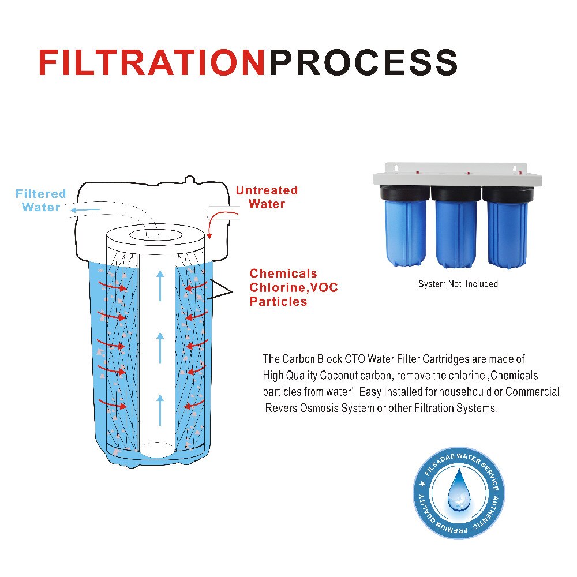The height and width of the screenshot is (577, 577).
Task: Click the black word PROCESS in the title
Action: click(364, 63)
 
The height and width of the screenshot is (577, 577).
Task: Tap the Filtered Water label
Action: click(40, 200)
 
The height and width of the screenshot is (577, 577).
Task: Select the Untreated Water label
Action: click(267, 197)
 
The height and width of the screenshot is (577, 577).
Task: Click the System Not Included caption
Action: click(458, 284)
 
